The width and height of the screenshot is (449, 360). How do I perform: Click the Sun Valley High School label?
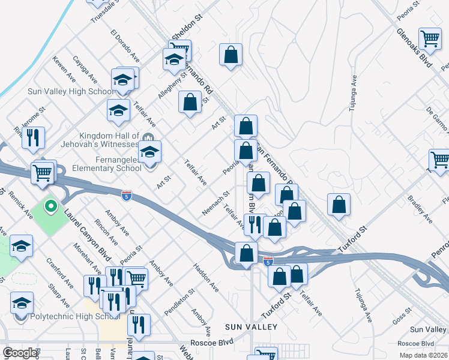click(x=70, y=91)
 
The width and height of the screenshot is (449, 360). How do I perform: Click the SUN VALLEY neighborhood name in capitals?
click(x=251, y=327)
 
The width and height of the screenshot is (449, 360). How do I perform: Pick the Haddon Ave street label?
click(x=205, y=276)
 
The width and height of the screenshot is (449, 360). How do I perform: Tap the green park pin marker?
click(x=50, y=207)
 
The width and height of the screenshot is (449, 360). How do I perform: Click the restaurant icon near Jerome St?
click(x=33, y=137)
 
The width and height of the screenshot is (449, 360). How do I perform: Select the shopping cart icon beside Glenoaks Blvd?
click(x=430, y=39)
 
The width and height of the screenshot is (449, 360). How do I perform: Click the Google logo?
click(x=20, y=353)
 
